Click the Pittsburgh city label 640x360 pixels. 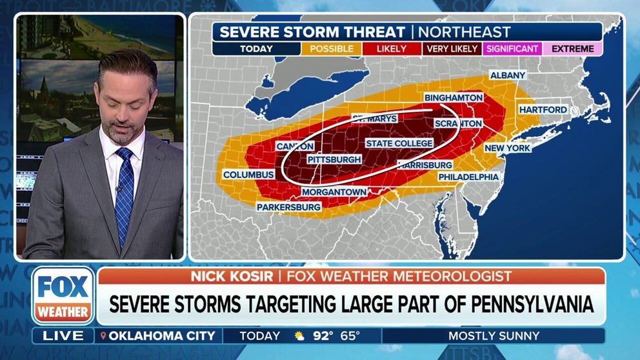pyautogui.click(x=334, y=159)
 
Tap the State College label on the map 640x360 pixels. pyautogui.click(x=392, y=143)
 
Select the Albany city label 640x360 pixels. pyautogui.click(x=508, y=75)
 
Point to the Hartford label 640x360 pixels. pyautogui.click(x=543, y=110)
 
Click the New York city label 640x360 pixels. pyautogui.click(x=507, y=148)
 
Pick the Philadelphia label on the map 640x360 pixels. pyautogui.click(x=468, y=176)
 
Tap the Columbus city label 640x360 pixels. pyautogui.click(x=249, y=175)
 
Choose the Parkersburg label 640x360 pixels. pyautogui.click(x=288, y=207)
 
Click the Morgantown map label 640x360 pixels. pyautogui.click(x=334, y=192)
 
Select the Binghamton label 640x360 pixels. pyautogui.click(x=453, y=97)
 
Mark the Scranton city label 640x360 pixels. pyautogui.click(x=457, y=123)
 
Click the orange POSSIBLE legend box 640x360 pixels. pyautogui.click(x=332, y=48)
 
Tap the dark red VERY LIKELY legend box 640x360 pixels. pyautogui.click(x=452, y=48)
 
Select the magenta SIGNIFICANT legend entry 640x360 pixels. pyautogui.click(x=512, y=48)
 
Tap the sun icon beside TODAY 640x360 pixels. pyautogui.click(x=299, y=336)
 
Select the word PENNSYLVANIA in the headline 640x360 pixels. pyautogui.click(x=523, y=305)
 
